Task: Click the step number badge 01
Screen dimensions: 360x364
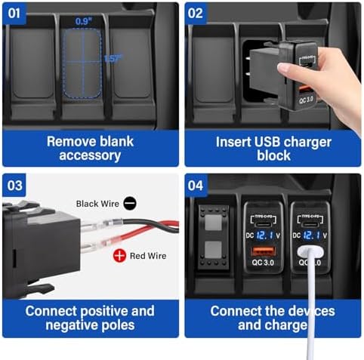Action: pos(19,14)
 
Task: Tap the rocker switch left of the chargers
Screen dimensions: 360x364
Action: pos(213,242)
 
